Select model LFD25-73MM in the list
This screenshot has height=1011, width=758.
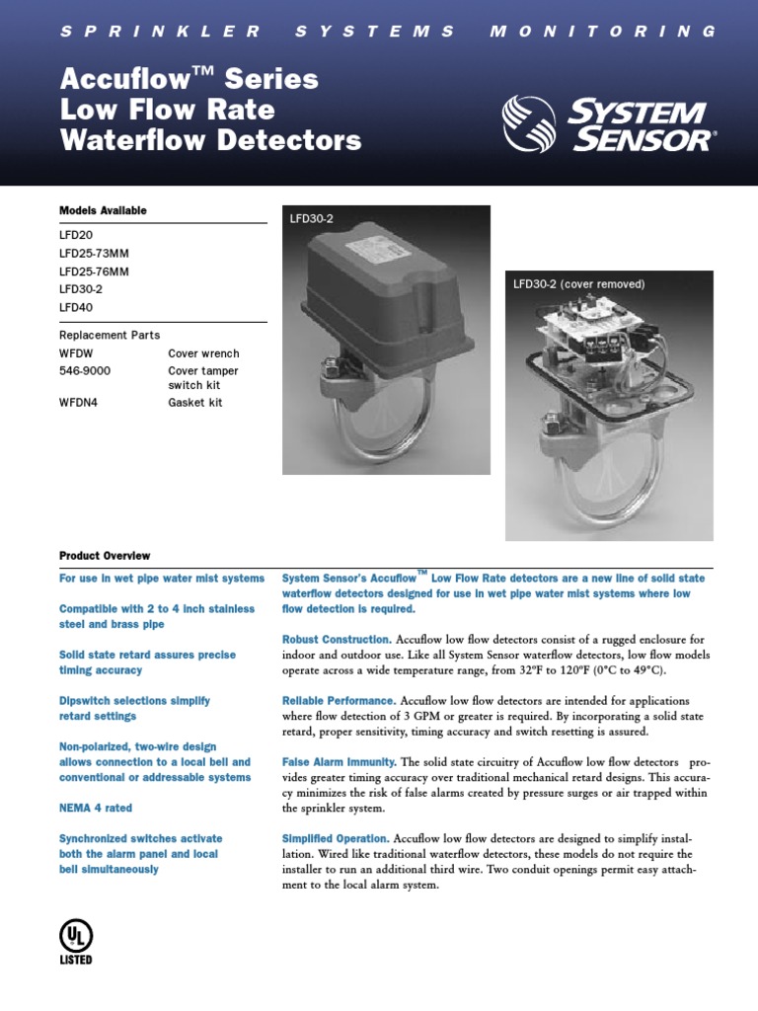(94, 253)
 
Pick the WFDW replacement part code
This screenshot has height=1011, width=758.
(77, 353)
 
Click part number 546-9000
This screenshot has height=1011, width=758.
(85, 371)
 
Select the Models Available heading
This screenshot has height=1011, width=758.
(103, 210)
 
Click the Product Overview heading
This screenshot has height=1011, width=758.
(105, 556)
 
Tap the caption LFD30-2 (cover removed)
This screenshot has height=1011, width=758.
(578, 284)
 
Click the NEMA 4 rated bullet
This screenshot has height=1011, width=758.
(95, 808)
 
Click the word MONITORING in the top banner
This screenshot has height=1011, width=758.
(603, 31)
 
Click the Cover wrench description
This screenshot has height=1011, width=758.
(203, 353)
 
